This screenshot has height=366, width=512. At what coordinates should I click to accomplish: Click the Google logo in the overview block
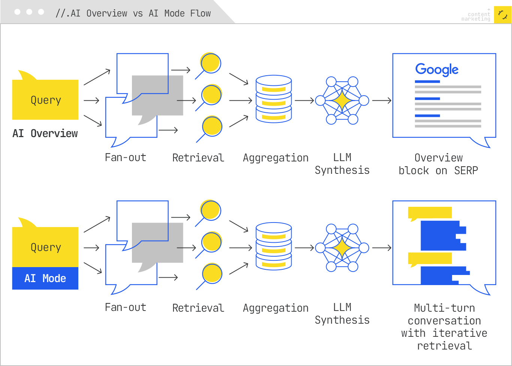437,70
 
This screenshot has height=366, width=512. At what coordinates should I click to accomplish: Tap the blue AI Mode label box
45,278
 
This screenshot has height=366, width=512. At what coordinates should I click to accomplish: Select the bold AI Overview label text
45,133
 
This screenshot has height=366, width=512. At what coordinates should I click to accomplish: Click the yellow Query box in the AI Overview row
45,100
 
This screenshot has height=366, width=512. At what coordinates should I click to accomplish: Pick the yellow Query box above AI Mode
45,247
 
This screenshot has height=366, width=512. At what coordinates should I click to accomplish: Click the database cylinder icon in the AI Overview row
274,99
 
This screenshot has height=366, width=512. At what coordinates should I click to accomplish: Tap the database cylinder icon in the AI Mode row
274,246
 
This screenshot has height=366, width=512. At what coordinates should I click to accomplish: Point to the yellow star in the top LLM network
342,100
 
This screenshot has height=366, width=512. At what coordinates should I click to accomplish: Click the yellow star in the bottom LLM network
342,248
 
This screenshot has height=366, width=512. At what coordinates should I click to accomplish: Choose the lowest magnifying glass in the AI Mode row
212,274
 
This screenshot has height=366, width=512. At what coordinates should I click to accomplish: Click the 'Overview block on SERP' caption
439,164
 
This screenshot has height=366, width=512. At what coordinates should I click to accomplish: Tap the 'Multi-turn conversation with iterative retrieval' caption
445,327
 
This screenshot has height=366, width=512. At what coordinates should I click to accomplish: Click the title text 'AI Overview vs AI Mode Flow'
133,13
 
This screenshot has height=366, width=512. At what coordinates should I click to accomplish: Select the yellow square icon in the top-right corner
503,15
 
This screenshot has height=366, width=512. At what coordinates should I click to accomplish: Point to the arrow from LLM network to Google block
382,100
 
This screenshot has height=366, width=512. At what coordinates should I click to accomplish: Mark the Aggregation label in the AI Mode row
275,308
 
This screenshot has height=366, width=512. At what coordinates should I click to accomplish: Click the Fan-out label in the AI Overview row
126,157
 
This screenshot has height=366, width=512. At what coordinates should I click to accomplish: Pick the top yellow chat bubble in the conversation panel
430,213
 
